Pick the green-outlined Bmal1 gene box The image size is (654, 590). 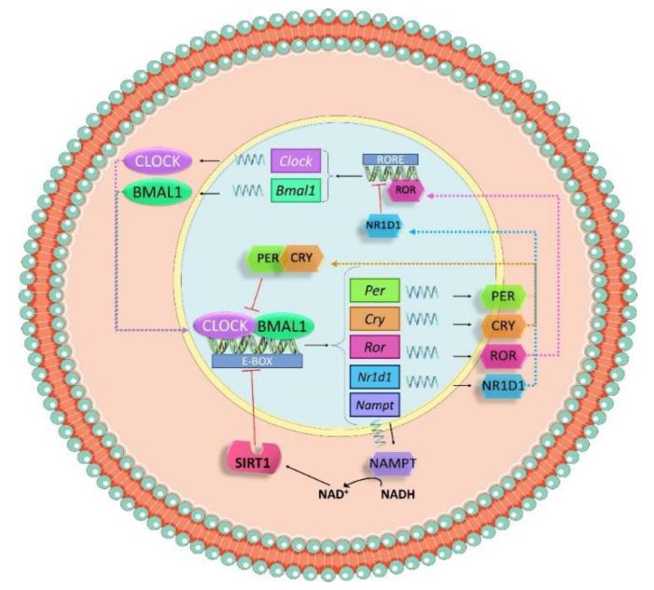(x=297, y=193)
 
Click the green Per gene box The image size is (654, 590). (x=375, y=291)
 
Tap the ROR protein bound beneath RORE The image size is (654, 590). (x=407, y=189)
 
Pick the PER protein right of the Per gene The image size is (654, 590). (x=502, y=295)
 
